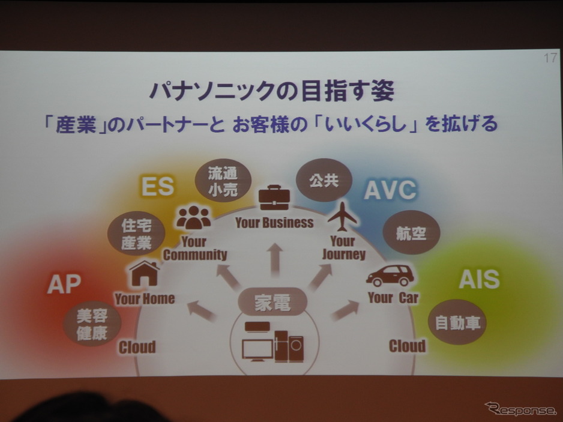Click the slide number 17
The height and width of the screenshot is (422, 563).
pyautogui.click(x=550, y=58)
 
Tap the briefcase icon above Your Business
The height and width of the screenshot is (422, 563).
pyautogui.click(x=274, y=197)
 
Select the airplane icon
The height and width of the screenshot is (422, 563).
pyautogui.click(x=343, y=217)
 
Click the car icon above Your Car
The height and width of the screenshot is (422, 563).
pyautogui.click(x=390, y=276)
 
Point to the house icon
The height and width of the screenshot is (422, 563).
pyautogui.click(x=144, y=273)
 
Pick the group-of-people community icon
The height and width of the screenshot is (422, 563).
pyautogui.click(x=193, y=217)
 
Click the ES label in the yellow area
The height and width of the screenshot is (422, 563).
pyautogui.click(x=158, y=186)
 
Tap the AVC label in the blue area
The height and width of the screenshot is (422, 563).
pyautogui.click(x=390, y=190)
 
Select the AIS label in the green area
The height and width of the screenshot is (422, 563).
pyautogui.click(x=479, y=279)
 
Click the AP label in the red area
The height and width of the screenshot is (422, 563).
pyautogui.click(x=64, y=284)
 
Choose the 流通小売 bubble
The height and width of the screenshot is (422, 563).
pyautogui.click(x=223, y=181)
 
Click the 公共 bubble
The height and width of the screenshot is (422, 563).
pyautogui.click(x=324, y=180)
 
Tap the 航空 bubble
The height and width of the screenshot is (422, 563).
pyautogui.click(x=411, y=233)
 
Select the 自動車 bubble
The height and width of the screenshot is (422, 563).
pyautogui.click(x=457, y=322)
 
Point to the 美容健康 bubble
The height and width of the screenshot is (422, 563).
pyautogui.click(x=92, y=324)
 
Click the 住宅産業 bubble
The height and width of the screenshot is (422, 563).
pyautogui.click(x=136, y=234)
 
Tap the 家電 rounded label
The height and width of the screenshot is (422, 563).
pyautogui.click(x=272, y=302)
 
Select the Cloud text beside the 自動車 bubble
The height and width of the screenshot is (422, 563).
pyautogui.click(x=407, y=346)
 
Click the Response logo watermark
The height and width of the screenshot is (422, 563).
pyautogui.click(x=520, y=409)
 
